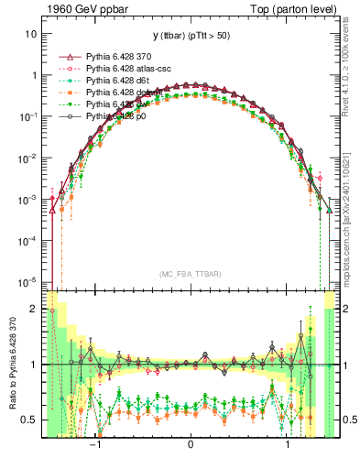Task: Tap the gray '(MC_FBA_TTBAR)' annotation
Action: (x=190, y=274)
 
